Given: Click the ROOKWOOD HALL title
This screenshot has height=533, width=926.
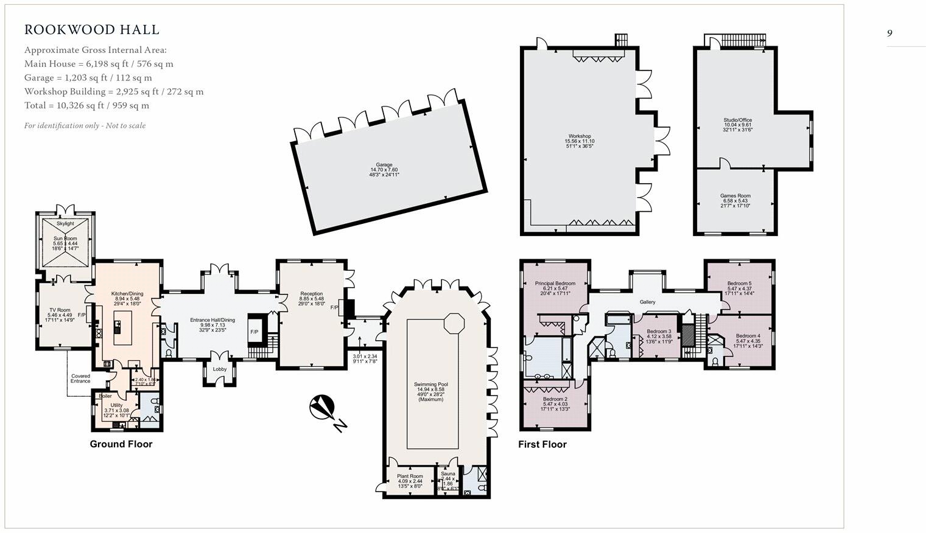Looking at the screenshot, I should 92,30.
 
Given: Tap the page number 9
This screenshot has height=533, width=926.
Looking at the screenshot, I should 889,33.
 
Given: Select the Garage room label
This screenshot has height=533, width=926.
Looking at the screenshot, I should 384,165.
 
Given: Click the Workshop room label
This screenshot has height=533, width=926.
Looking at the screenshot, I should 579,136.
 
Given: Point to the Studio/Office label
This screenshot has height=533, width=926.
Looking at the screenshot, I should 737,120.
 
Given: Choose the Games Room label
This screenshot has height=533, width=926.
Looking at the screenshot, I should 735,196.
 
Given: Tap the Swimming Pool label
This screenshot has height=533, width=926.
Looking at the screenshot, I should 430,385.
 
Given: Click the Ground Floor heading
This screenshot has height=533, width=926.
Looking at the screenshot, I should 121,444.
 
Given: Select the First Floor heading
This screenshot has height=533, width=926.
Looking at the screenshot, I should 542,445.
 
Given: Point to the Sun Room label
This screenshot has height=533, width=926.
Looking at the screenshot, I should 65,239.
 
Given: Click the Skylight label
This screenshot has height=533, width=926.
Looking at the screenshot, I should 65,224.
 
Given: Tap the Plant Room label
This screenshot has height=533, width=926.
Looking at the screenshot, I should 410,476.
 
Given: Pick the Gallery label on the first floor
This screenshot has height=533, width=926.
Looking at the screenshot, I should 647,302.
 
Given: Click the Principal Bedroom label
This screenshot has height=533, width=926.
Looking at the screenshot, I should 555,284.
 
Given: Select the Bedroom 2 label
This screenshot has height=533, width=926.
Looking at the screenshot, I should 555,399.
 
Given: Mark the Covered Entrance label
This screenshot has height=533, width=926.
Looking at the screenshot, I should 80,378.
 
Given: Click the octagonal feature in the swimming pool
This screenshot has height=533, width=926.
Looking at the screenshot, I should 454,322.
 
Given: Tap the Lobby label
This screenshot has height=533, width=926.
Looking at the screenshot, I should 219,369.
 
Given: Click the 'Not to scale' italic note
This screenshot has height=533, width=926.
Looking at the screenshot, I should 85,126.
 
